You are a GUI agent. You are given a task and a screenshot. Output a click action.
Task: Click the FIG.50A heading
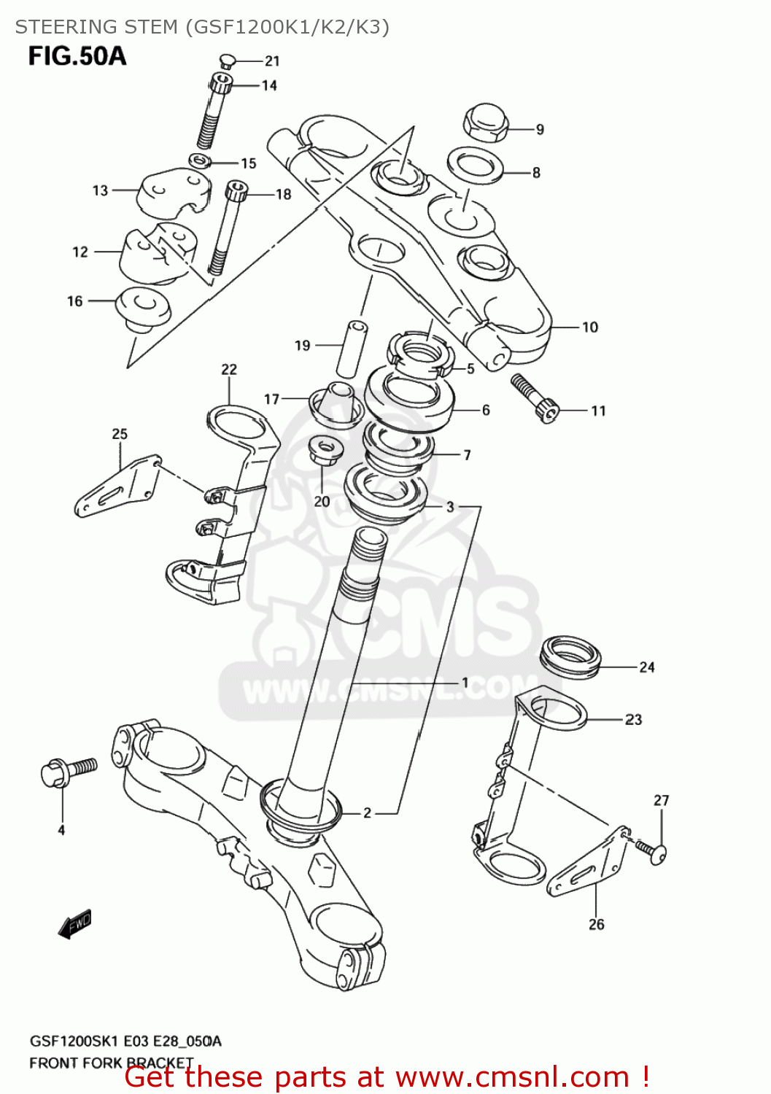point(77,56)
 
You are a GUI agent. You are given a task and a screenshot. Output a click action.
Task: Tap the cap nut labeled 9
point(485,123)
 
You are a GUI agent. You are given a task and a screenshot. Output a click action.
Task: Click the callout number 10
point(589,327)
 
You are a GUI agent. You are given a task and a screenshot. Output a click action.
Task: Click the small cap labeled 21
point(225,61)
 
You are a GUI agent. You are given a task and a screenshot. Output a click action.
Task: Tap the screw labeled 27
point(652,850)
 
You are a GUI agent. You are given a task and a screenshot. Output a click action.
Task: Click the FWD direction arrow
point(75,923)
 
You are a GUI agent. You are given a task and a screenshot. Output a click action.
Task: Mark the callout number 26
point(596,924)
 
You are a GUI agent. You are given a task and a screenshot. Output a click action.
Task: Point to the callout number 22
point(229,369)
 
